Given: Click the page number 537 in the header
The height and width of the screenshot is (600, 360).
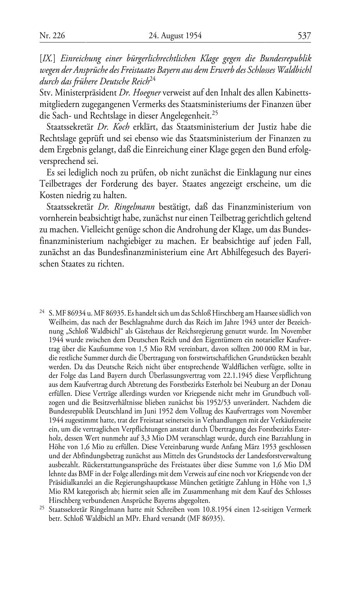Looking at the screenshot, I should click(x=304, y=36).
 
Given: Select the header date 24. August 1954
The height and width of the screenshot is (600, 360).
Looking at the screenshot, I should click(x=175, y=36).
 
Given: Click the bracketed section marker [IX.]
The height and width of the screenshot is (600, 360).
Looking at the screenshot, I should click(x=48, y=58).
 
